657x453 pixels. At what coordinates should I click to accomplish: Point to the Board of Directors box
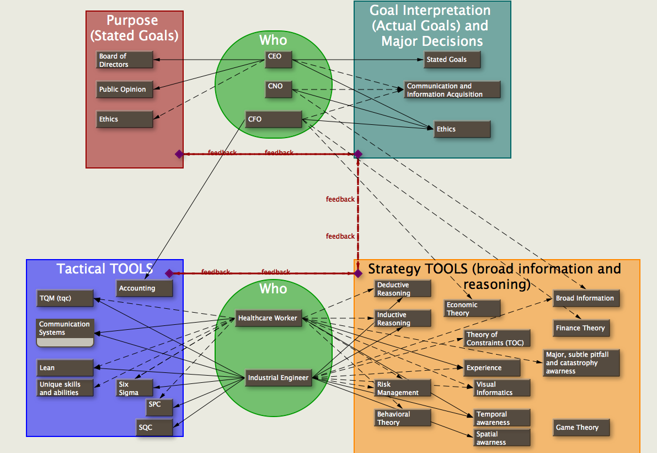[x=125, y=60]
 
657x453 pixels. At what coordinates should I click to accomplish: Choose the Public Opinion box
[x=125, y=89]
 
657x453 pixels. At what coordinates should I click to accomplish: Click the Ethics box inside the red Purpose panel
[x=125, y=119]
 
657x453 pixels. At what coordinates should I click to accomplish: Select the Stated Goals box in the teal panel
[x=452, y=60]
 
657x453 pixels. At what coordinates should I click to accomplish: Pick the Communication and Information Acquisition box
[x=452, y=90]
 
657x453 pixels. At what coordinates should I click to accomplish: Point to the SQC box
[x=154, y=428]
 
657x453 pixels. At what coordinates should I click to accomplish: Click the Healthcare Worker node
[x=269, y=318]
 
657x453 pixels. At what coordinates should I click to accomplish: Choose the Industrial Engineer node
[x=278, y=378]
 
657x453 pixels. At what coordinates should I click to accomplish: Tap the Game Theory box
[x=581, y=428]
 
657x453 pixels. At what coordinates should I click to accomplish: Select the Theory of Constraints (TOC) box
[x=497, y=339]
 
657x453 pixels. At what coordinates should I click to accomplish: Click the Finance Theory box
[x=581, y=328]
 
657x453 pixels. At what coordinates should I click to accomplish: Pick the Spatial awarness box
[x=502, y=438]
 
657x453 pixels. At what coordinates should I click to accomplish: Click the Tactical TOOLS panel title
[x=104, y=269]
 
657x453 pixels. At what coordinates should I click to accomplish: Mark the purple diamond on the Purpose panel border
[x=179, y=154]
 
